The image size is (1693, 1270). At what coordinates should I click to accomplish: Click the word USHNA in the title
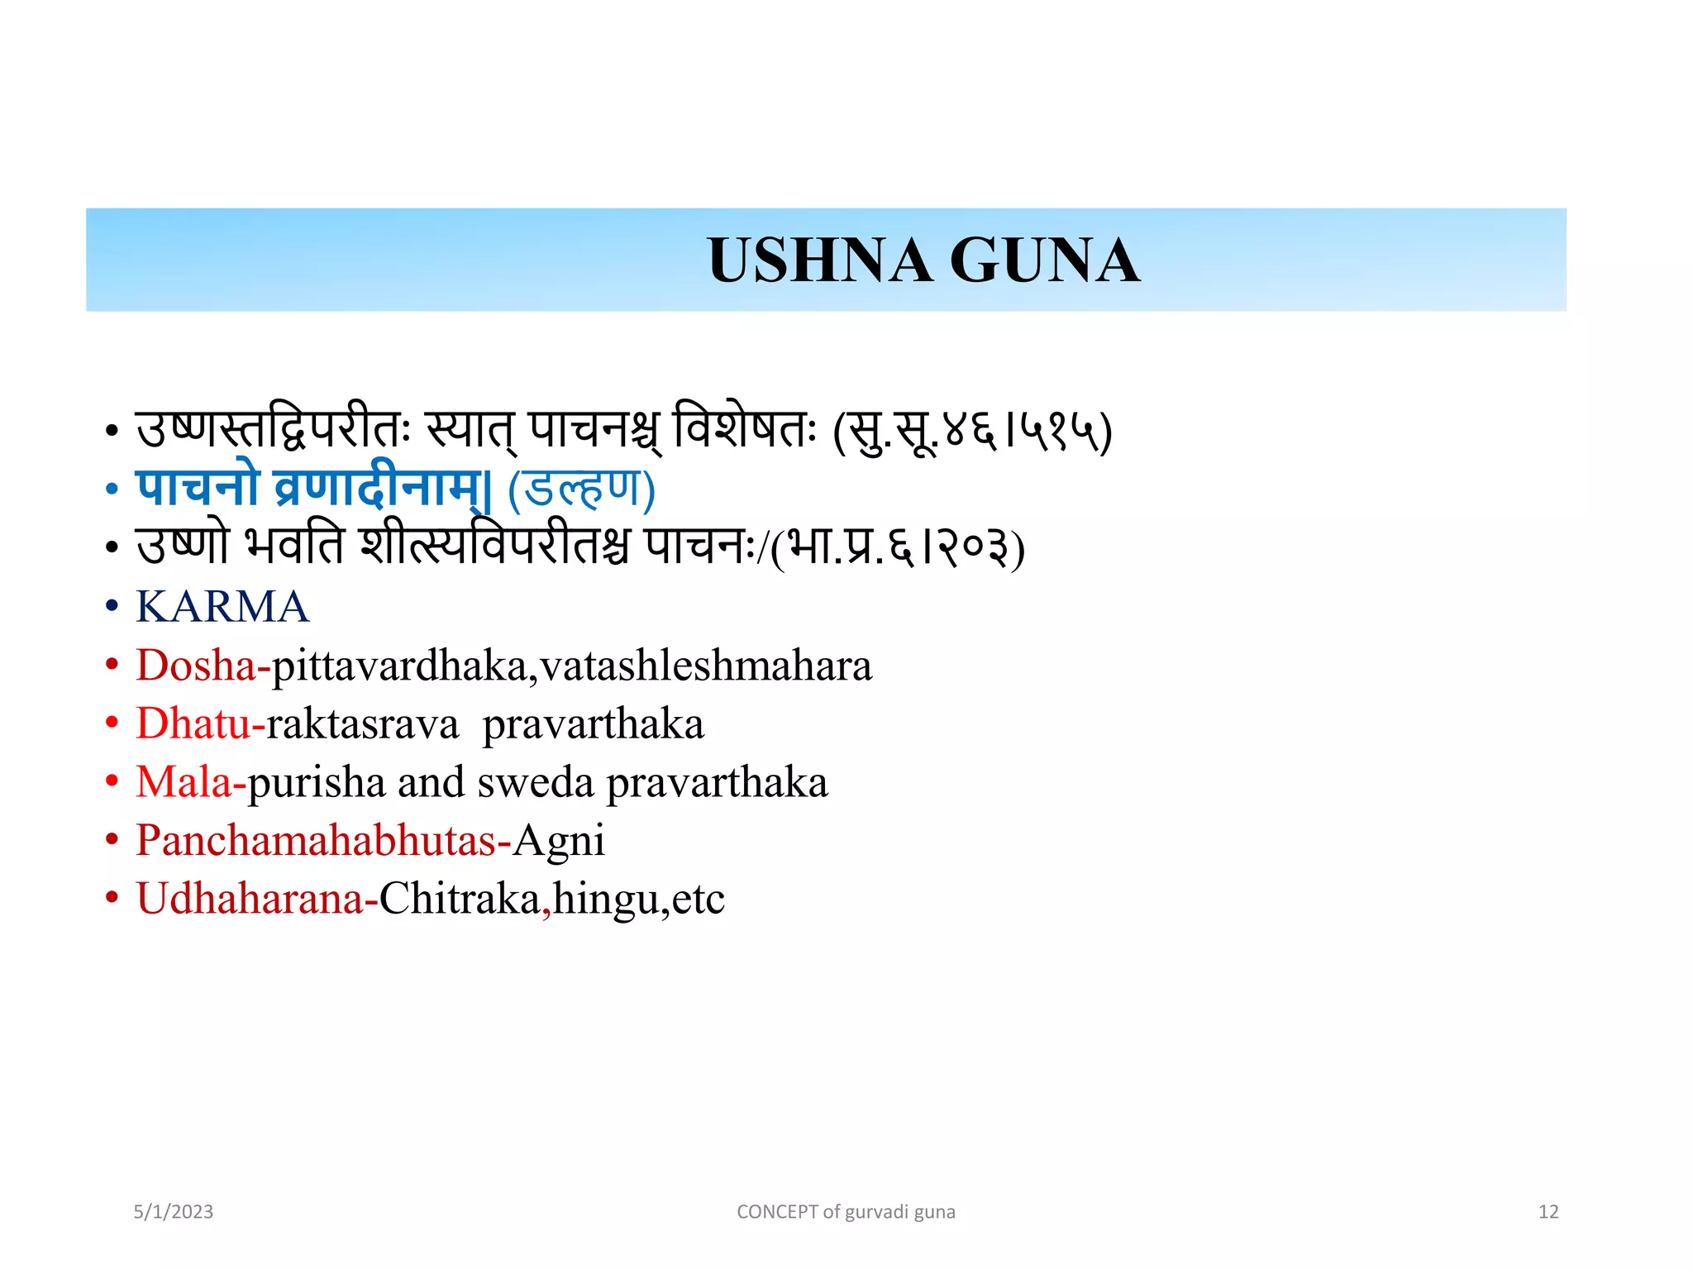pyautogui.click(x=819, y=260)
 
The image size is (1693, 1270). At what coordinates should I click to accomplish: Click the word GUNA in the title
pyautogui.click(x=1045, y=260)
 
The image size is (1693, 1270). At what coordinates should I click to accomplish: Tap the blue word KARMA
pyautogui.click(x=222, y=607)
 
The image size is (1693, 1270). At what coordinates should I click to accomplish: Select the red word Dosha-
pyautogui.click(x=203, y=666)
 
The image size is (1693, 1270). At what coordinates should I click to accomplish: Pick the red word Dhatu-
pyautogui.click(x=200, y=723)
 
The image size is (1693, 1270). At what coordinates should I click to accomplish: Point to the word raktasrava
pyautogui.click(x=362, y=724)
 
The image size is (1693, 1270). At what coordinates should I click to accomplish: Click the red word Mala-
pyautogui.click(x=191, y=782)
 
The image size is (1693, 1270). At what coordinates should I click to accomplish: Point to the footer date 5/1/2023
pyautogui.click(x=174, y=1212)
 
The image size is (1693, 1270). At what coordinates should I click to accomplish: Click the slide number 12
pyautogui.click(x=1548, y=1212)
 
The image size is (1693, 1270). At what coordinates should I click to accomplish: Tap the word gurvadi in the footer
pyautogui.click(x=876, y=1212)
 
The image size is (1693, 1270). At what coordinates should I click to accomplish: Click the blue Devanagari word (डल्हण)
pyautogui.click(x=581, y=489)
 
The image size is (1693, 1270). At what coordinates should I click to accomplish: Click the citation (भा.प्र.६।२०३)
pyautogui.click(x=897, y=548)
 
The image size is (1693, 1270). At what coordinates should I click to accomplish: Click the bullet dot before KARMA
pyautogui.click(x=112, y=607)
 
